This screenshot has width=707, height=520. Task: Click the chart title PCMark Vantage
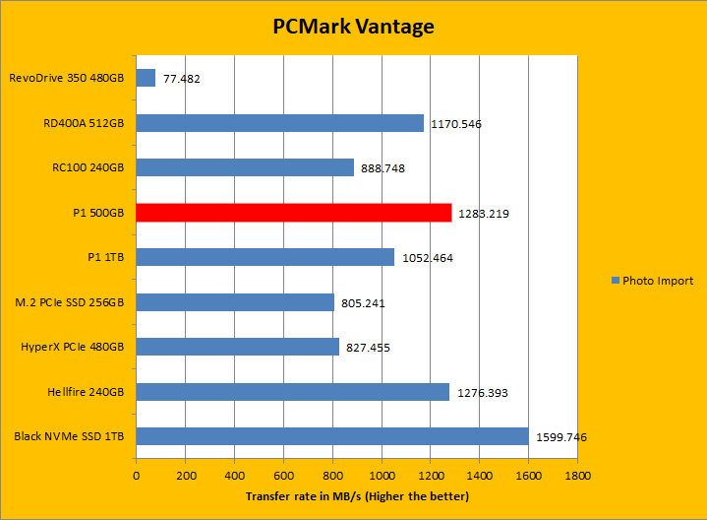(x=353, y=27)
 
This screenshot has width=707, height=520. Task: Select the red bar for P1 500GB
(x=293, y=213)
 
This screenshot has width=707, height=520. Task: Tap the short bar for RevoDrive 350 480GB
(x=146, y=78)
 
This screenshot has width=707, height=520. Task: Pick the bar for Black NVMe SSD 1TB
(x=332, y=436)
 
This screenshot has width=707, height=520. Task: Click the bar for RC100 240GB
(x=245, y=167)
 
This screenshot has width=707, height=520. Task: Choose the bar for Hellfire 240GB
(x=292, y=392)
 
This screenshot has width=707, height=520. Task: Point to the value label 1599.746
(x=562, y=437)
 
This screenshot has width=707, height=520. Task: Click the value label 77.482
(x=182, y=79)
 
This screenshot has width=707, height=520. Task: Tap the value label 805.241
(x=363, y=303)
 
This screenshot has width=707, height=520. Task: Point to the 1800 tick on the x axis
(x=578, y=475)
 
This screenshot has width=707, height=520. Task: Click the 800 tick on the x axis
(x=332, y=475)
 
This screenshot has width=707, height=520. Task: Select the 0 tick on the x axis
(x=136, y=475)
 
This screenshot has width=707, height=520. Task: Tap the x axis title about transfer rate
(x=357, y=495)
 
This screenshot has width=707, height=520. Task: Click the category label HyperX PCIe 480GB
(x=72, y=347)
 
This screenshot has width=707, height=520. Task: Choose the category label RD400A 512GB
(x=84, y=123)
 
